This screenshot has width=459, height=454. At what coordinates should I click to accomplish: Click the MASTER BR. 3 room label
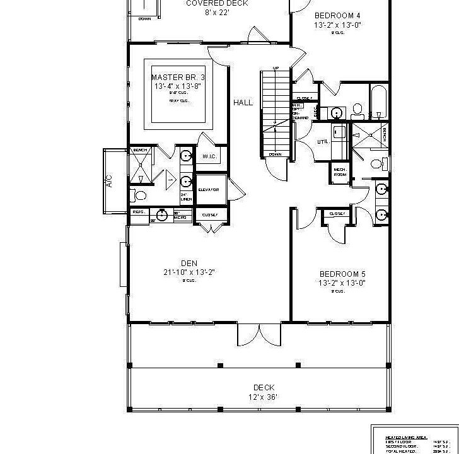point(178,78)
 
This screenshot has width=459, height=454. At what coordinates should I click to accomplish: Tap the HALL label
point(243,102)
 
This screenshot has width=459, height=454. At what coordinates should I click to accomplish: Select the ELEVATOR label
point(208,189)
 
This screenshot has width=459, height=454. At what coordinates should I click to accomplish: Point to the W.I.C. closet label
point(209,156)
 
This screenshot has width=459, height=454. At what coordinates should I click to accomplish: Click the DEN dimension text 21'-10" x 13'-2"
point(189,272)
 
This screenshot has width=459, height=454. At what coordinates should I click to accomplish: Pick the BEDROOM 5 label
point(342,274)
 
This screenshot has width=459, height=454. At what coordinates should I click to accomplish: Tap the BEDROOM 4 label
point(337,16)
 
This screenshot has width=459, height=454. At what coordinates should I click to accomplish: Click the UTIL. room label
point(323,142)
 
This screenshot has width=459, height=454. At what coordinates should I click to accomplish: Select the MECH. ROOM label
point(340,172)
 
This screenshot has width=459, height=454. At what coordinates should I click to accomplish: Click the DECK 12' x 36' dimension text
point(264,397)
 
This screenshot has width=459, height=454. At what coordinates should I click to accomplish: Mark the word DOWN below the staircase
point(275,154)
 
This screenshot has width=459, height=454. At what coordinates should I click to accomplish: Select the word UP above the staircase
point(276,68)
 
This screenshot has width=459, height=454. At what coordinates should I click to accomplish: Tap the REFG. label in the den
point(138,212)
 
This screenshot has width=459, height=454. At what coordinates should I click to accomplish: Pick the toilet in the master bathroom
point(141,195)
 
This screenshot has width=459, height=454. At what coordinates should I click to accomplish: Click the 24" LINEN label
point(186,197)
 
